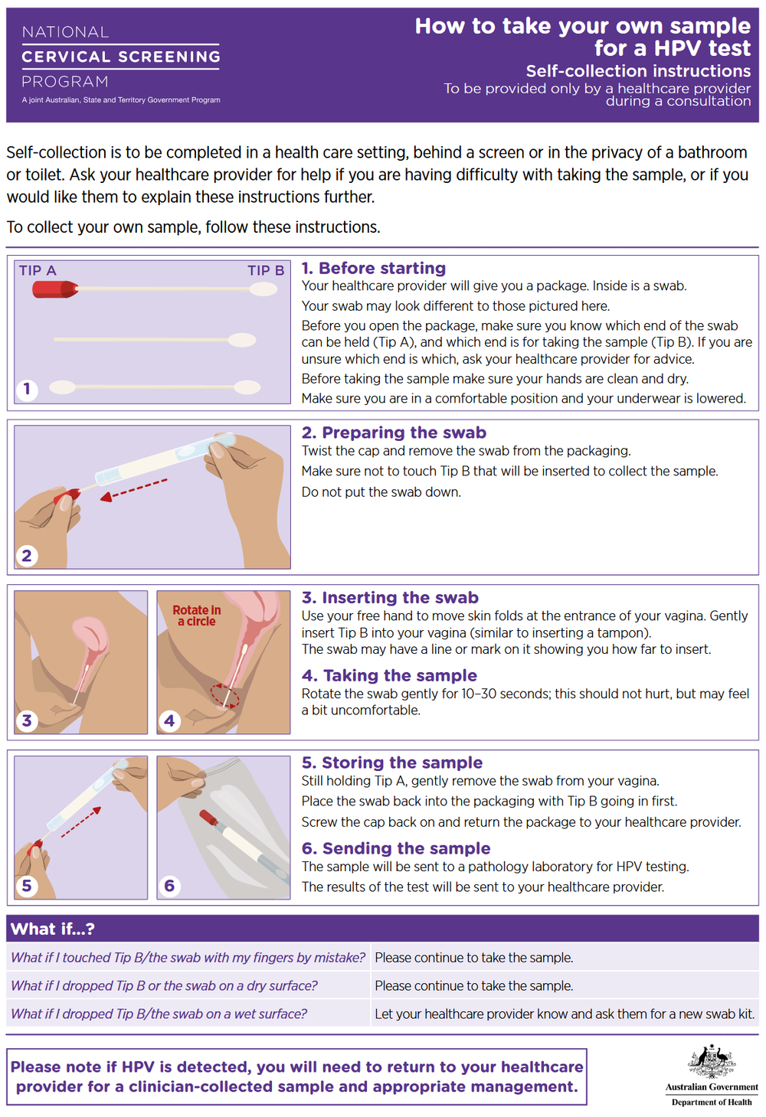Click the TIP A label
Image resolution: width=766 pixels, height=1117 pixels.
point(38,271)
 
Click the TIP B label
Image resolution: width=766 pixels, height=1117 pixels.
point(266,271)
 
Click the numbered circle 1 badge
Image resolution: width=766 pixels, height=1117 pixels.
point(27,388)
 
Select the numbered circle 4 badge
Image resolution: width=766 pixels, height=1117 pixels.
point(169,720)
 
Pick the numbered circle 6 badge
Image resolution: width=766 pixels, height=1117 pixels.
point(169,886)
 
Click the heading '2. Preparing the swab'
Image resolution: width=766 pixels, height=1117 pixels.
point(394,433)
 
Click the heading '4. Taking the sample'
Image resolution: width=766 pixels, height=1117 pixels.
point(389,675)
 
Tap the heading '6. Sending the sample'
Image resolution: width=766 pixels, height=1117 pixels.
point(396,848)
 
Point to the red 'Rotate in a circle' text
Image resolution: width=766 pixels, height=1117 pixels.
point(197,616)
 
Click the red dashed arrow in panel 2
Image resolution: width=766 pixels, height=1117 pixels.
point(134,489)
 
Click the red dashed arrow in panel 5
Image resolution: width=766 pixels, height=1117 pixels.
point(81,821)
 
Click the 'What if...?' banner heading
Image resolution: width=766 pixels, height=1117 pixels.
point(53,929)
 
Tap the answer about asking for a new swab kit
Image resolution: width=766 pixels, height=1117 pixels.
point(565,1014)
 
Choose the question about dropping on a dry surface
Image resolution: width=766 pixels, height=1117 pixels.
point(164,986)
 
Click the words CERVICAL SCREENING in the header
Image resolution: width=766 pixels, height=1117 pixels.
point(121,57)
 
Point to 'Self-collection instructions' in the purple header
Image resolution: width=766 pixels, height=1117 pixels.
point(638,70)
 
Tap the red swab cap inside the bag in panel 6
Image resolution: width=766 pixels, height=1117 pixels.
point(208,818)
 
